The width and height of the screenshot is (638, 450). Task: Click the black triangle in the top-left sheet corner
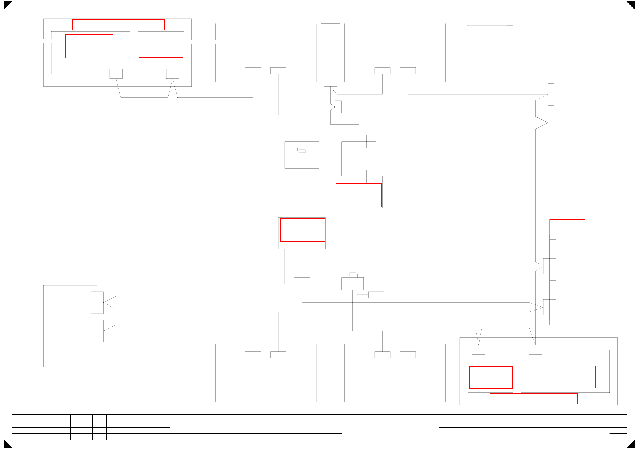(x=7, y=4)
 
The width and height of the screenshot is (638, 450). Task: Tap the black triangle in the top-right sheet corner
(x=632, y=4)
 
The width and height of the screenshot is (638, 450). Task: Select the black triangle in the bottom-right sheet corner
(x=632, y=445)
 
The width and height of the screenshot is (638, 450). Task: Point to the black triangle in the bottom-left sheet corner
(x=7, y=445)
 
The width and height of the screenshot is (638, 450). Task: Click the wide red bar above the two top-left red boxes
(x=118, y=25)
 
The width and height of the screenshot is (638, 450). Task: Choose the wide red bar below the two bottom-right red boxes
(x=534, y=399)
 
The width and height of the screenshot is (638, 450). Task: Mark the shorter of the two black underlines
(x=490, y=26)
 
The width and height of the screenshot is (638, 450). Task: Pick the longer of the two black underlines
(x=496, y=32)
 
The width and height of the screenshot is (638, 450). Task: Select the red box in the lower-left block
(x=68, y=356)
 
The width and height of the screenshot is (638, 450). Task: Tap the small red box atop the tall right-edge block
(x=567, y=227)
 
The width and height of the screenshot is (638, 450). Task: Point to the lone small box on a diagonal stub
(x=376, y=295)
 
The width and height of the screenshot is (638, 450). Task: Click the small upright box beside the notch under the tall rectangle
(x=338, y=107)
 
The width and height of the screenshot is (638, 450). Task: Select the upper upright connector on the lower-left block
(x=97, y=302)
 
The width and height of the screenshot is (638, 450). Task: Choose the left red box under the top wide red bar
(x=89, y=46)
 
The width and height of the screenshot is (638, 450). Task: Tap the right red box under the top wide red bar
(x=161, y=46)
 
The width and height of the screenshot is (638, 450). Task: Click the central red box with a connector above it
(x=359, y=195)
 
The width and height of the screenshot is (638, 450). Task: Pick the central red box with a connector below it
(x=302, y=230)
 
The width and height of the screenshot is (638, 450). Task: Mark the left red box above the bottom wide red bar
(x=491, y=377)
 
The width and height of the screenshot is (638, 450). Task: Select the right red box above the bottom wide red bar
(x=561, y=377)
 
